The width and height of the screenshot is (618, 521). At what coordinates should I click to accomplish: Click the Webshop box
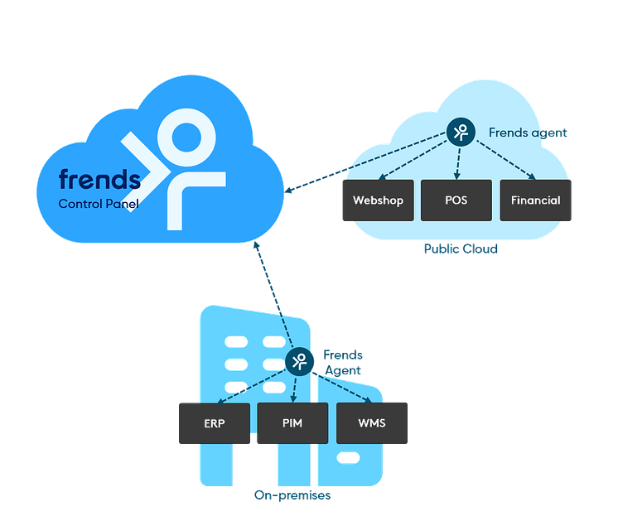(378, 200)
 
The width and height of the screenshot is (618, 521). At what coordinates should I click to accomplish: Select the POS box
(456, 200)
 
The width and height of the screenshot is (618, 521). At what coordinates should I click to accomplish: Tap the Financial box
(536, 200)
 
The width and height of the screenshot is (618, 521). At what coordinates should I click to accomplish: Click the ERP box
(214, 422)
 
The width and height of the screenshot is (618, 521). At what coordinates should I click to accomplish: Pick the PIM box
(292, 422)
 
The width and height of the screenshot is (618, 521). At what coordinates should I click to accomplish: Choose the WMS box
(372, 422)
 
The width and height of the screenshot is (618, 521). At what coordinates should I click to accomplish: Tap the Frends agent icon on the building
(297, 361)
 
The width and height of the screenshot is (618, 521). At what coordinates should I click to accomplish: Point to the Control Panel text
(98, 203)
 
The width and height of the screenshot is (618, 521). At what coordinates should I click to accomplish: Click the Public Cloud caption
(461, 248)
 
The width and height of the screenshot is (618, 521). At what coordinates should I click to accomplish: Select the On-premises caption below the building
(292, 495)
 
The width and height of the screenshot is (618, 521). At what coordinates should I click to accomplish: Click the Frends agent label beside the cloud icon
(529, 133)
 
